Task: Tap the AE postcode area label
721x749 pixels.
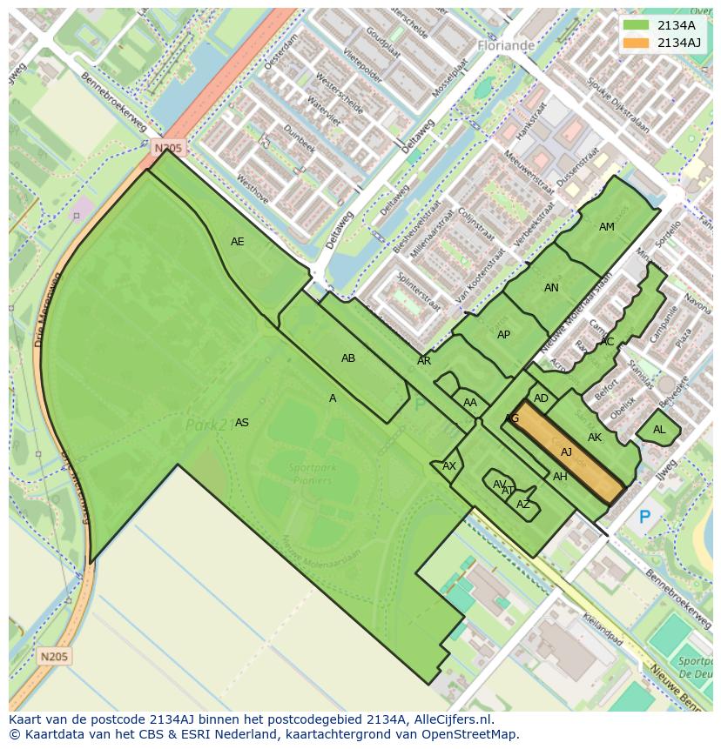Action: click(x=238, y=242)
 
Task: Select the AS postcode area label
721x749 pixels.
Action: click(x=242, y=423)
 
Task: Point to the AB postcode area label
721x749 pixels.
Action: click(x=348, y=358)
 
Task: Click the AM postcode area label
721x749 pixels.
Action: click(x=607, y=227)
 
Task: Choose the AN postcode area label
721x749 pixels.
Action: click(x=551, y=288)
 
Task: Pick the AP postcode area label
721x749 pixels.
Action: click(x=503, y=335)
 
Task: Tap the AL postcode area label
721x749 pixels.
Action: click(x=659, y=430)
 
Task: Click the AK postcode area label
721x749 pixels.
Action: click(x=595, y=438)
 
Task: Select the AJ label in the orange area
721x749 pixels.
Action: click(x=566, y=452)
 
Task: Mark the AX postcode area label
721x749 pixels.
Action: click(x=449, y=466)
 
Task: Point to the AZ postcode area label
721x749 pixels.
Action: click(x=523, y=505)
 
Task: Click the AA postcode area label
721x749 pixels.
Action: click(x=470, y=403)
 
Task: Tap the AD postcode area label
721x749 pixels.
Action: click(x=542, y=398)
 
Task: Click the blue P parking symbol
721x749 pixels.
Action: click(x=644, y=518)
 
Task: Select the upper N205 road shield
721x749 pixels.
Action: click(x=168, y=148)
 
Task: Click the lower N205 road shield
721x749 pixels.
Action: click(x=55, y=656)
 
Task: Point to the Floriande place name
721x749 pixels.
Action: click(x=506, y=44)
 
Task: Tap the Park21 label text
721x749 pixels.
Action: click(x=207, y=425)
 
